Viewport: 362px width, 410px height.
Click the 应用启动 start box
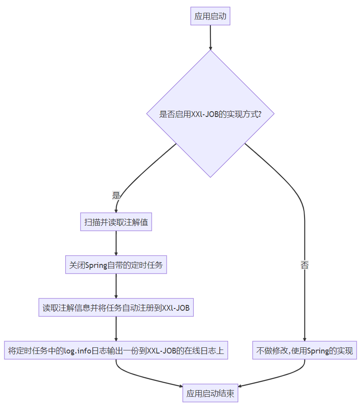point(210,16)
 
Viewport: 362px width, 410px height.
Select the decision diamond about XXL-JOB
point(210,114)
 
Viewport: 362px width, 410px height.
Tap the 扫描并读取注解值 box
point(116,222)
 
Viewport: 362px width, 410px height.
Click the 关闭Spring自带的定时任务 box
point(116,265)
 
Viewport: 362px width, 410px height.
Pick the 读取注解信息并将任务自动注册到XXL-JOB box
point(116,308)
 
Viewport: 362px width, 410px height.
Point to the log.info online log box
point(116,351)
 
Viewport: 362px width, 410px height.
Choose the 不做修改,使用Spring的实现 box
point(305,351)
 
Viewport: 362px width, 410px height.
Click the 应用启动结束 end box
point(210,394)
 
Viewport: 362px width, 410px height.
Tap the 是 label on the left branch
point(116,195)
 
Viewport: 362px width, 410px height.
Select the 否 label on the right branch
point(305,265)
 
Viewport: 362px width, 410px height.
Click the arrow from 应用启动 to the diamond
point(210,37)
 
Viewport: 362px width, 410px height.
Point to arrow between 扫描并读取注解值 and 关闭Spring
point(116,243)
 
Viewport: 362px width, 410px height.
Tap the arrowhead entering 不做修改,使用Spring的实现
point(305,339)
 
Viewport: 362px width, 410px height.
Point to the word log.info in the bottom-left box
point(77,351)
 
